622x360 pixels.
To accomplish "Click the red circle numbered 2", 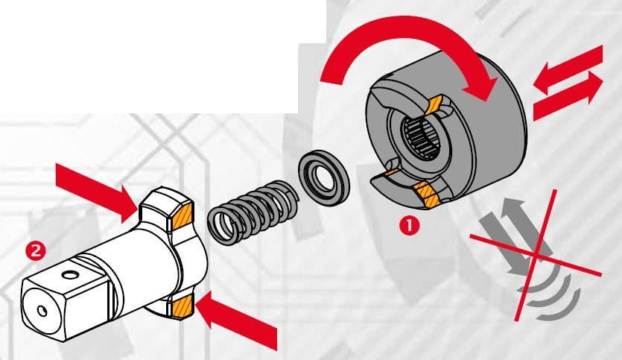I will [33, 247].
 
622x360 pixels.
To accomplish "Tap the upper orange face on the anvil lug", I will [181, 217].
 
